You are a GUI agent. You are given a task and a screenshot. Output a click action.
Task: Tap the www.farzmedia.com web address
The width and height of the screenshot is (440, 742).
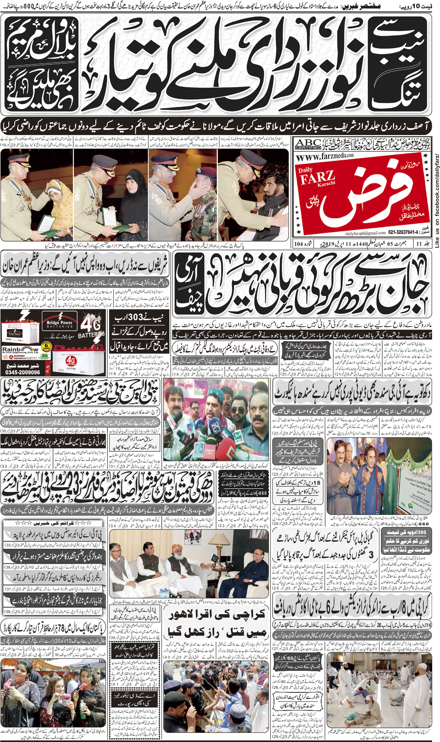pyautogui.click(x=325, y=157)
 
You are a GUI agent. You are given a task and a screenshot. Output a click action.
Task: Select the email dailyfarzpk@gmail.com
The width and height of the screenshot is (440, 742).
pyautogui.click(x=365, y=233)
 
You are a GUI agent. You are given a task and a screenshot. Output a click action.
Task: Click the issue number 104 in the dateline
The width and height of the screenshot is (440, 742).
pyautogui.click(x=299, y=244)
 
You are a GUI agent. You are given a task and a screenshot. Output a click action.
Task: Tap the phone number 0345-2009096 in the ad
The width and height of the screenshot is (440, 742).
pyautogui.click(x=23, y=372)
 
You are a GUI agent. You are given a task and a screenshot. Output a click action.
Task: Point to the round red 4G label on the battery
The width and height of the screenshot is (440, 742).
pyautogui.click(x=71, y=360)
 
